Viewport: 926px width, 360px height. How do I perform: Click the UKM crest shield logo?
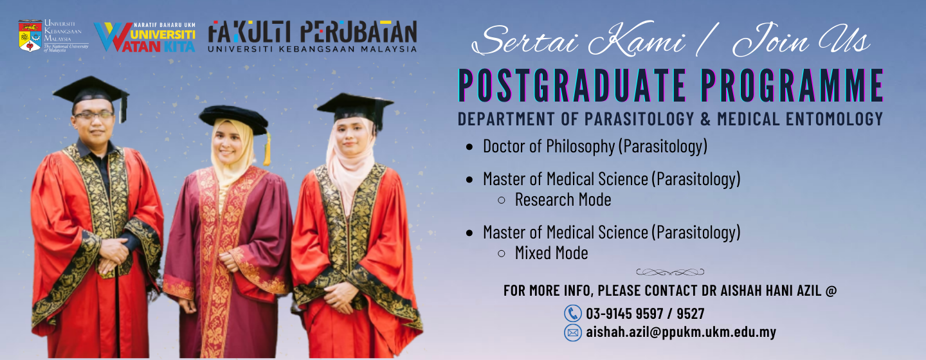pyautogui.click(x=30, y=36)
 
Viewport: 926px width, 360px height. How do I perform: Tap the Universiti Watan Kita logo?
pyautogui.click(x=145, y=37)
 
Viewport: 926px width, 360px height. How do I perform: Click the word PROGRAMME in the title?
pyautogui.click(x=792, y=85)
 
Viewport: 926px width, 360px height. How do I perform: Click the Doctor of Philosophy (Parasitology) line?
pyautogui.click(x=595, y=147)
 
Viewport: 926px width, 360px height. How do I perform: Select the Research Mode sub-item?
pyautogui.click(x=563, y=200)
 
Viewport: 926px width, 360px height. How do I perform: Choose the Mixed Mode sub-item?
pyautogui.click(x=551, y=253)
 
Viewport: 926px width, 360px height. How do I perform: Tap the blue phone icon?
pyautogui.click(x=573, y=313)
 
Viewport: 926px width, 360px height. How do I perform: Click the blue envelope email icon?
pyautogui.click(x=573, y=333)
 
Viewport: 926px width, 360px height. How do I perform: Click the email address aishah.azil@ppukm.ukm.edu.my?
pyautogui.click(x=681, y=332)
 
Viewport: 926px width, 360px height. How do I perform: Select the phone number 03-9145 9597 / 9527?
pyautogui.click(x=645, y=314)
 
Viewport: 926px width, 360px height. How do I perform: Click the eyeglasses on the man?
pyautogui.click(x=95, y=115)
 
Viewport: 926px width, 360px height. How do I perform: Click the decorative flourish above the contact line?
pyautogui.click(x=670, y=272)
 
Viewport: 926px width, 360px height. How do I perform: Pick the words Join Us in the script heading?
pyautogui.click(x=802, y=40)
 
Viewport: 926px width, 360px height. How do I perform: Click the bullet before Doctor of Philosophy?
pyautogui.click(x=469, y=147)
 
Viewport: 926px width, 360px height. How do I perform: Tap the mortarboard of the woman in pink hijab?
pyautogui.click(x=356, y=107)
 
